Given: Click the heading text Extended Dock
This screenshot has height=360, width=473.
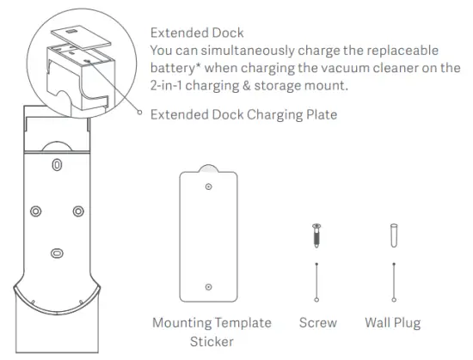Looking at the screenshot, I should tap(197, 33).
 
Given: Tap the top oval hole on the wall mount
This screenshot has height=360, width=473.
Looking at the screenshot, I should tap(57, 163).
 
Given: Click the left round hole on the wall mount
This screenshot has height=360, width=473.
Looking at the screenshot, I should tap(35, 211).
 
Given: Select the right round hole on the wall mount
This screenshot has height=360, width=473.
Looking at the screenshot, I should tap(78, 211).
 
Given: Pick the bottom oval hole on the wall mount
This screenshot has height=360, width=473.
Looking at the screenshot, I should tap(57, 253).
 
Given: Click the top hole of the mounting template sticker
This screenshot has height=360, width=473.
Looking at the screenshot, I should tap(208, 186).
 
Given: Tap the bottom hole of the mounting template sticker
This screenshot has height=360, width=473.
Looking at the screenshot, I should tap(208, 287).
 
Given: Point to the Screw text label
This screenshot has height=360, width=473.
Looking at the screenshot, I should tap(318, 323).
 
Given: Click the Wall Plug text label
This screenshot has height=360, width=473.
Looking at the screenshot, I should tap(394, 323).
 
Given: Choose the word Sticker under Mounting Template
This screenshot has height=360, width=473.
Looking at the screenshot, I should tap(212, 341).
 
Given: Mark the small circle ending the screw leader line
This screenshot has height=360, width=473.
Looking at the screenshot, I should tap(317, 298).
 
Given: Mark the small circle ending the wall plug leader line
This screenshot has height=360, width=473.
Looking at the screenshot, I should tap(394, 298).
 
